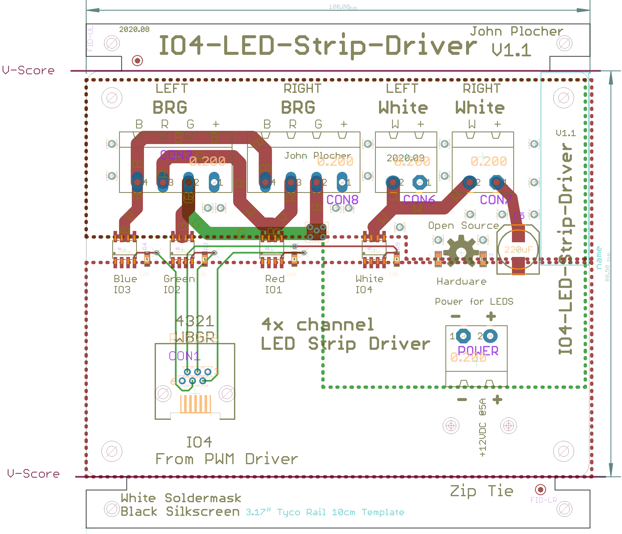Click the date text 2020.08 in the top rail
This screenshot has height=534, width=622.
[134, 29]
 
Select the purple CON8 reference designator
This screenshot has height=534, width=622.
[342, 200]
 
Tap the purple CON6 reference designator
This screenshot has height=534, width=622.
[419, 200]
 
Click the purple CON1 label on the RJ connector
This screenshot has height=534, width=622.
[184, 356]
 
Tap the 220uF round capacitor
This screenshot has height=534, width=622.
[518, 249]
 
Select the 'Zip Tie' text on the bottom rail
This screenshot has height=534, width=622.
[481, 491]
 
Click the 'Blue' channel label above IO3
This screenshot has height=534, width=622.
[125, 279]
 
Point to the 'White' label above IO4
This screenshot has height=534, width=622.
[369, 279]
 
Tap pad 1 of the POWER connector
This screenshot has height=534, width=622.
[463, 336]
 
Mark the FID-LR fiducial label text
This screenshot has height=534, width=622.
[543, 500]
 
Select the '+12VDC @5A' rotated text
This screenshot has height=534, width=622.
[482, 428]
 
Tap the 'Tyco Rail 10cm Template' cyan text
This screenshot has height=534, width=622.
[340, 512]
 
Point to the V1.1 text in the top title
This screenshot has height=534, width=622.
[511, 50]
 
